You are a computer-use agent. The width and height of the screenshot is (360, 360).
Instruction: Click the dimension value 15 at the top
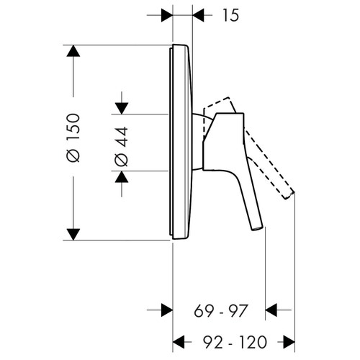click(230, 14)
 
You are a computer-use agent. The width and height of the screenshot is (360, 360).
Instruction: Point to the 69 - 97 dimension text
click(220, 311)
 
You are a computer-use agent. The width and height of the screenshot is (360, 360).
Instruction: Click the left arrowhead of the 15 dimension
click(166, 14)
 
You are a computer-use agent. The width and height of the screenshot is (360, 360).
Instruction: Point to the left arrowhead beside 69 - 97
click(165, 311)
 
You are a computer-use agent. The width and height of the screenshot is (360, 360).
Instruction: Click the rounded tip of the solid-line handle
click(256, 228)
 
